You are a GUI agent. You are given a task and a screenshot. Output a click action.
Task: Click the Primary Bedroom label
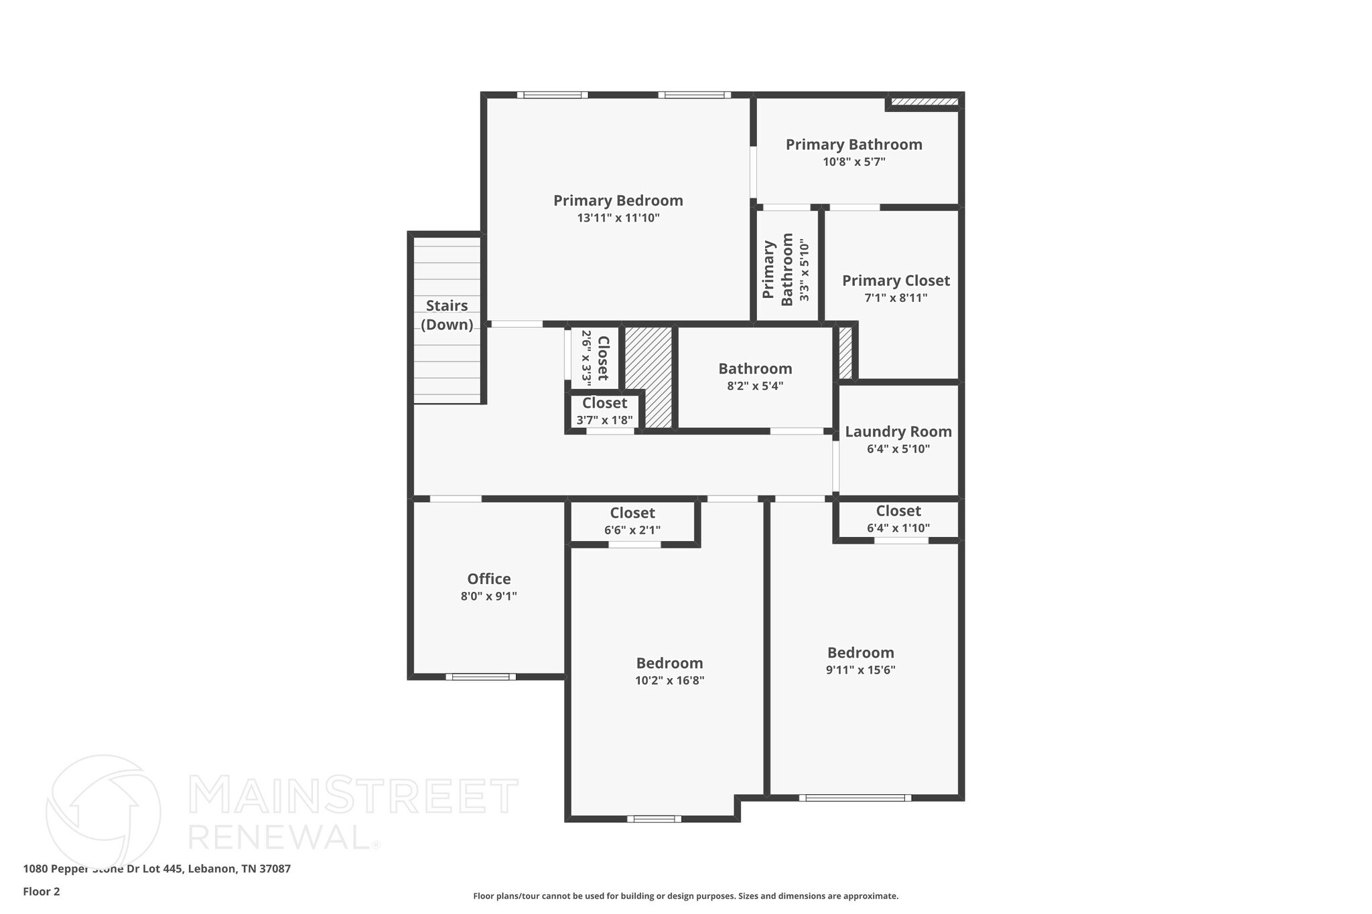618,201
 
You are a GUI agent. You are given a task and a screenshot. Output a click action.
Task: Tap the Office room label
488,579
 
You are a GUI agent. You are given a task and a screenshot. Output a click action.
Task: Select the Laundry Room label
898,432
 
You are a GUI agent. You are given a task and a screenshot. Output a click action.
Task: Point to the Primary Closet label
896,281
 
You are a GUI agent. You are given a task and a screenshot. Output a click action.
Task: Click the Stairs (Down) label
447,315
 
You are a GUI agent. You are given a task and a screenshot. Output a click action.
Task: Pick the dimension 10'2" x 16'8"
669,681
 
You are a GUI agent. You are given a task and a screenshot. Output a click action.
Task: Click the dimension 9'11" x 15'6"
860,670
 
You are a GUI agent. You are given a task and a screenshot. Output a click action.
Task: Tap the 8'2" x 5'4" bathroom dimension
755,386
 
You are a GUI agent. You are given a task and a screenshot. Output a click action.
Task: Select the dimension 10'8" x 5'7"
853,161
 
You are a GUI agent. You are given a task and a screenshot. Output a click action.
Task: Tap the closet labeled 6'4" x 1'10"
898,519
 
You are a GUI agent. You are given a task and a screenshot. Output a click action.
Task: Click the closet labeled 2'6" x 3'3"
595,358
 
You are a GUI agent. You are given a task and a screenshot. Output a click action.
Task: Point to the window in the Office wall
480,676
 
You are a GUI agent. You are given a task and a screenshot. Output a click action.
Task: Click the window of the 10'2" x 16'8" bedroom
654,818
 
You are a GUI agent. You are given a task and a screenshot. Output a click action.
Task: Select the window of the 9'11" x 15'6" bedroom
855,797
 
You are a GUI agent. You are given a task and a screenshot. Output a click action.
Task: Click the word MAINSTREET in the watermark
353,796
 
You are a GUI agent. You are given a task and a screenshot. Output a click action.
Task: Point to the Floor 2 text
42,891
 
